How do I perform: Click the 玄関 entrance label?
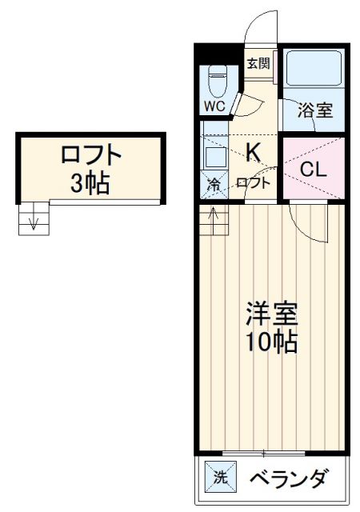(x=257, y=63)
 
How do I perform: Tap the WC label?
(x=214, y=106)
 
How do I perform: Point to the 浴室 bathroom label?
(x=315, y=111)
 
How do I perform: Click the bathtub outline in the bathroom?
(x=314, y=70)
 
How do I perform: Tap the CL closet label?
(x=313, y=169)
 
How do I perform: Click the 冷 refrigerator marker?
(x=214, y=183)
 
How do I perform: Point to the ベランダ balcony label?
(x=288, y=479)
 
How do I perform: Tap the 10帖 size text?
(x=270, y=342)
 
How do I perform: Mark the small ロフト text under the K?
(x=254, y=182)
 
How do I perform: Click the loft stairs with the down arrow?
(x=32, y=218)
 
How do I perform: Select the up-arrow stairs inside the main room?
(x=214, y=220)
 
